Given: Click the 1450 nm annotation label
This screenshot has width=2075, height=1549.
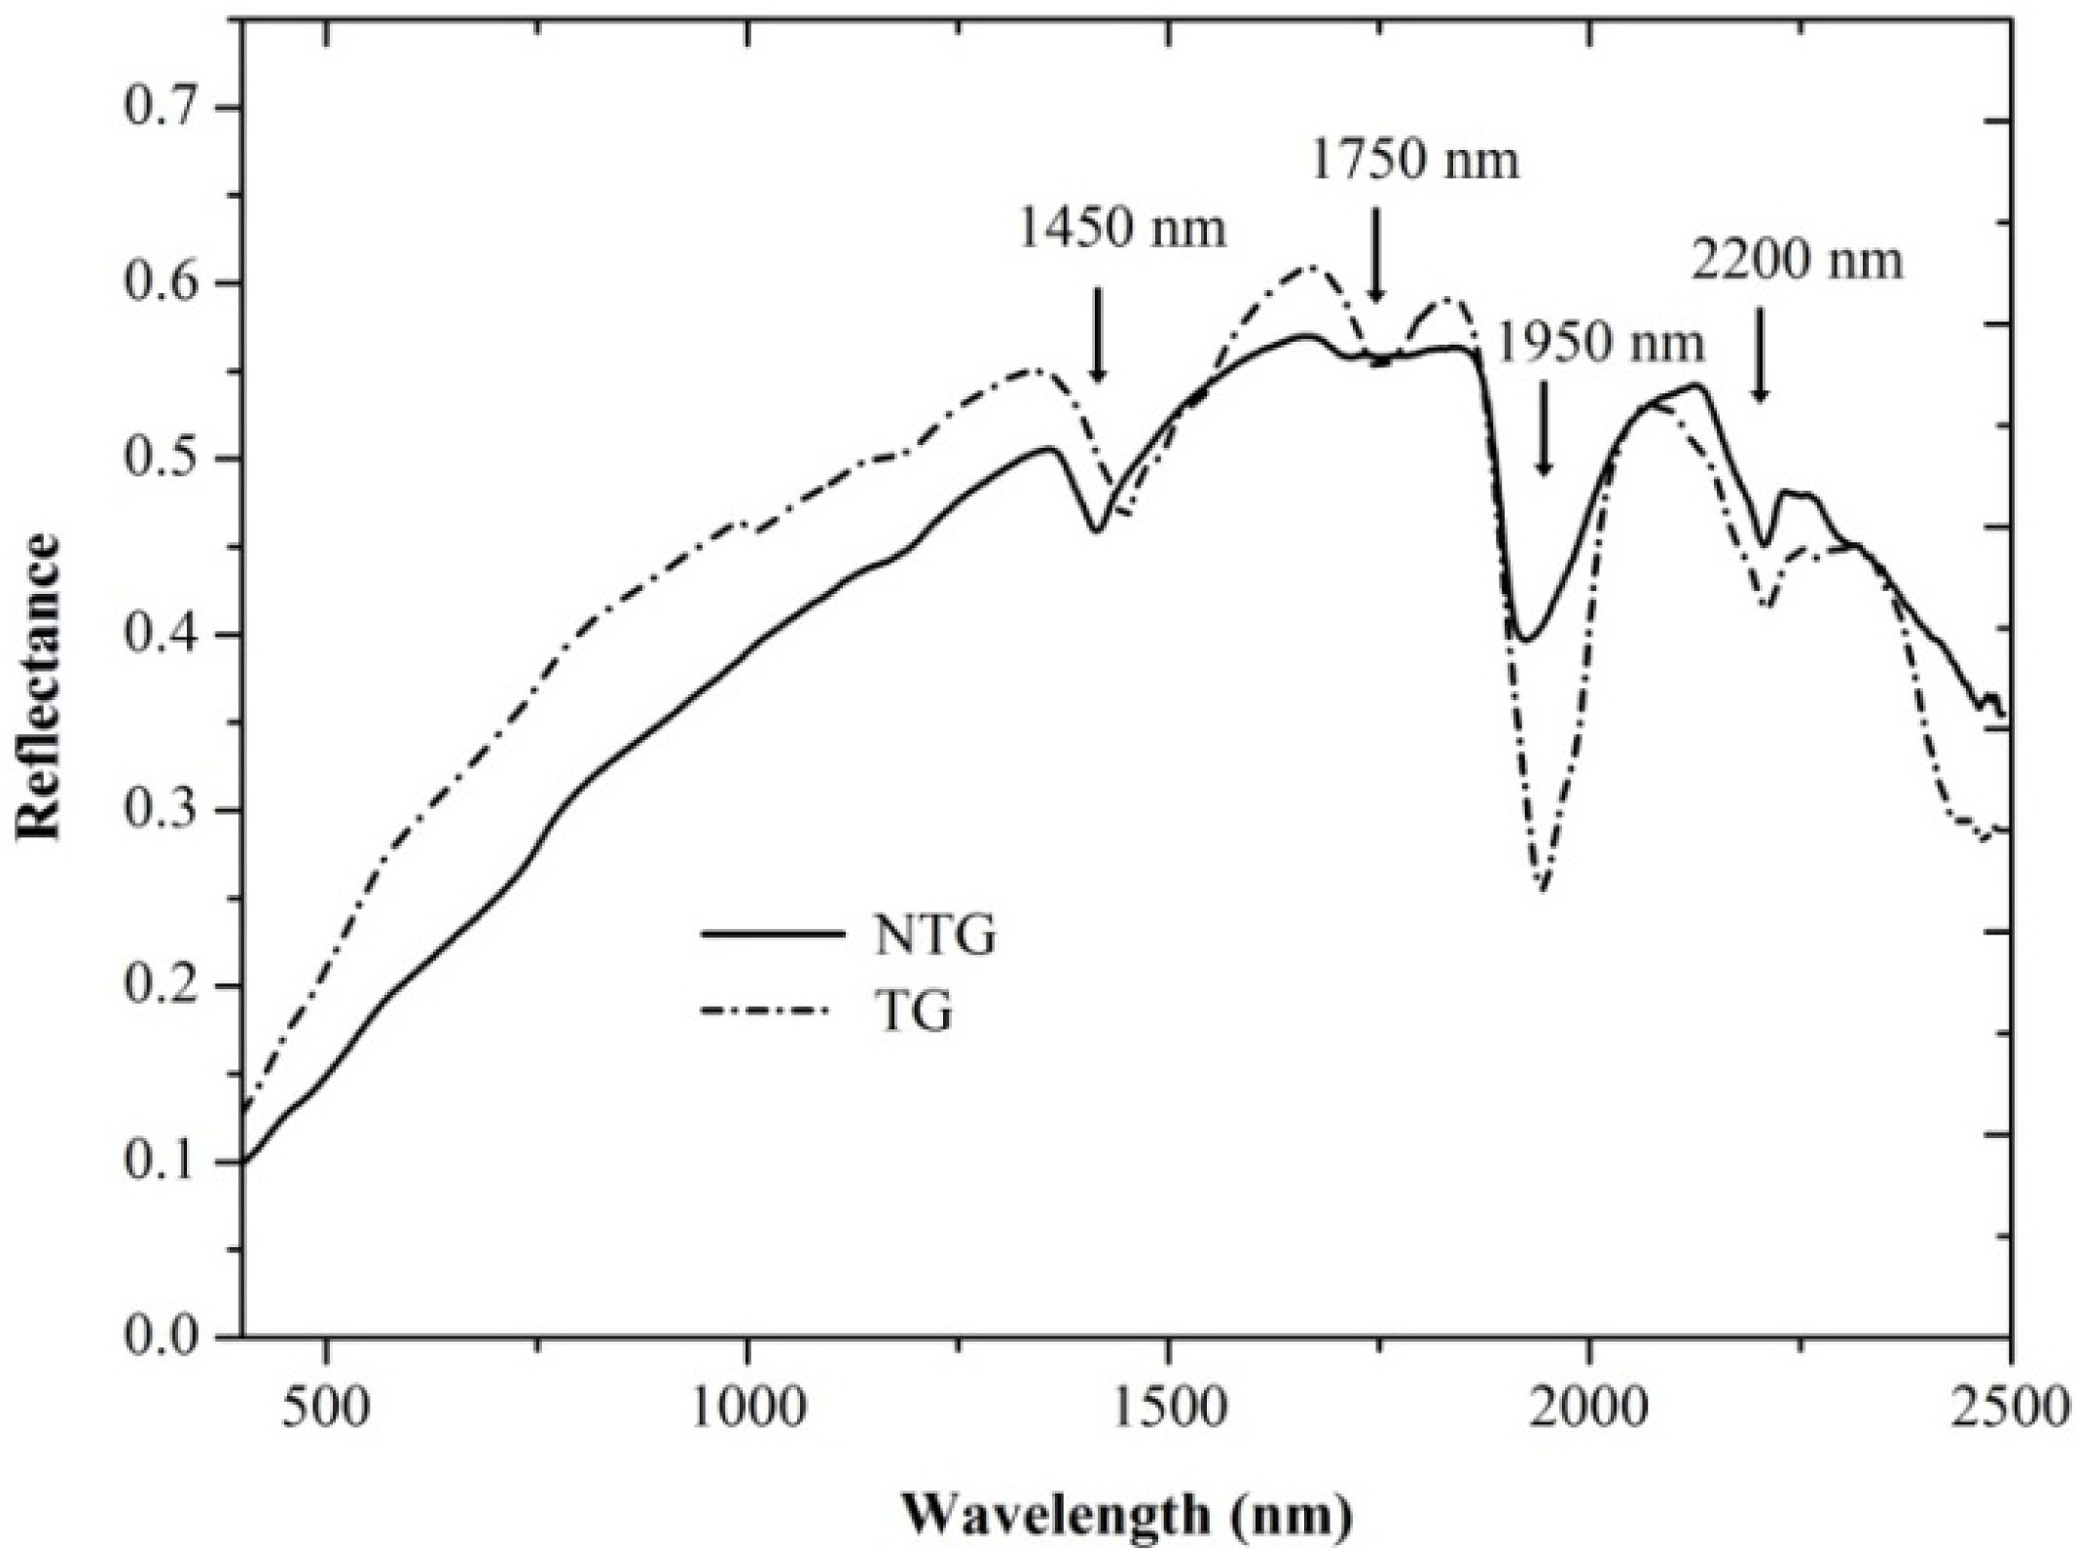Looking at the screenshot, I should (x=1121, y=231).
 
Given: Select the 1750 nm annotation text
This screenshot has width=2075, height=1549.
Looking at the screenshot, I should (x=1413, y=162).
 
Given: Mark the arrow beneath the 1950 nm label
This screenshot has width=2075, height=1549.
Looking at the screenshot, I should (x=1543, y=428).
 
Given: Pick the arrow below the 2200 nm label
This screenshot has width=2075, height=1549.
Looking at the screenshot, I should (x=1760, y=354).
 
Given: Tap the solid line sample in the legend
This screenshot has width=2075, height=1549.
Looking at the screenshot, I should (x=771, y=934).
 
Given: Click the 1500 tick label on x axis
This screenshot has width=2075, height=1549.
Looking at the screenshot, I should (x=1167, y=1410).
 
